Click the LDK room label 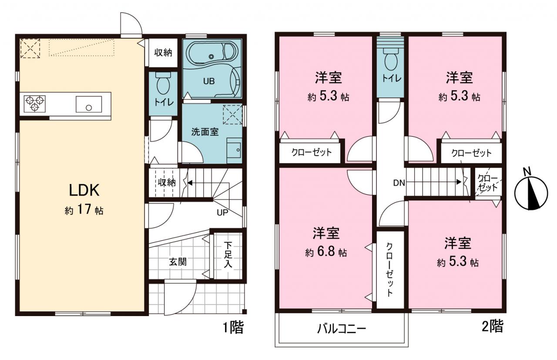tap(84, 190)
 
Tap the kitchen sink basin tap(89, 104)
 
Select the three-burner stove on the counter tap(34, 103)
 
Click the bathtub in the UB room tap(211, 54)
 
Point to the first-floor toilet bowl tap(163, 83)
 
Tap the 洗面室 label tap(205, 132)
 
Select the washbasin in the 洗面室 tap(234, 150)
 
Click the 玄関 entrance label tap(178, 262)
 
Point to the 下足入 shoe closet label tap(228, 255)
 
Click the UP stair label tap(222, 213)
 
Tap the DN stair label tap(399, 183)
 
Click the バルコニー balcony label tap(342, 329)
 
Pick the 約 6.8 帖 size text tap(326, 252)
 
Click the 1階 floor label tap(233, 327)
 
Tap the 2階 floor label tap(493, 326)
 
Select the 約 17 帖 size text tap(84, 210)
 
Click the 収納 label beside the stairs tap(167, 183)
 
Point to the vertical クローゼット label tap(389, 270)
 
